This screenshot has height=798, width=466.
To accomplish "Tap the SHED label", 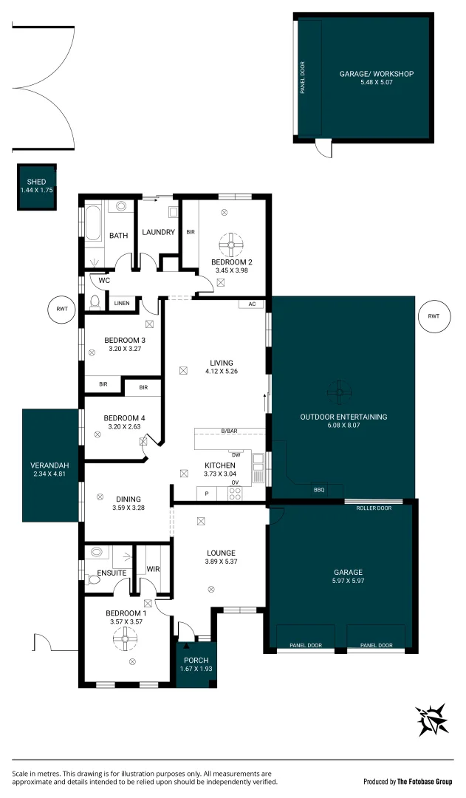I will [x=36, y=182].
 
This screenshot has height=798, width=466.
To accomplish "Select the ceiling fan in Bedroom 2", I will [x=231, y=243].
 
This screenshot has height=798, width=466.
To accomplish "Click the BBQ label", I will [x=319, y=489].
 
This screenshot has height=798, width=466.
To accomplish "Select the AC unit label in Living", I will [x=252, y=304].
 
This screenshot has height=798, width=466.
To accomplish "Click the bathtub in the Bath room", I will [x=93, y=223].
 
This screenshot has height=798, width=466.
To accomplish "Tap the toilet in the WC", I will [x=94, y=301].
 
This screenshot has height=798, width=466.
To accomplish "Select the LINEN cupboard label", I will [x=122, y=303].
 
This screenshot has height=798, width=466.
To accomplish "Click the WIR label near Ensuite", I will [x=154, y=569].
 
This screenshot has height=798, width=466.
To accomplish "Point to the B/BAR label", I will [x=229, y=431].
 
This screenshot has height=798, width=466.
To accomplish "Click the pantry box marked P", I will [x=206, y=493].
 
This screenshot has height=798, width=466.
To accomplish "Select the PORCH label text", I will [x=196, y=660].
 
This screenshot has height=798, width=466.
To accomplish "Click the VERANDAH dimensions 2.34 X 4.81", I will [x=49, y=474].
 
